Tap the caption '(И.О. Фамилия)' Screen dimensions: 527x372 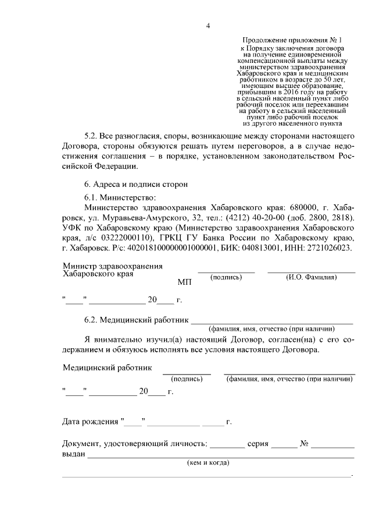click(x=311, y=277)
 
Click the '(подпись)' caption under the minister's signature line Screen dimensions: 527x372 click(x=226, y=277)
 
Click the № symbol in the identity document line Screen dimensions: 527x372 click(x=303, y=444)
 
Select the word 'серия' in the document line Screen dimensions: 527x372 click(x=257, y=444)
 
